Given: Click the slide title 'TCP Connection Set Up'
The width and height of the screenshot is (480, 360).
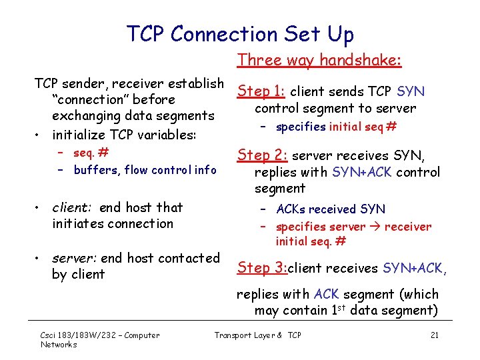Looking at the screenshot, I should [x=240, y=33].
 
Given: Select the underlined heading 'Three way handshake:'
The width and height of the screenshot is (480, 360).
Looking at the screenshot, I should [x=319, y=60].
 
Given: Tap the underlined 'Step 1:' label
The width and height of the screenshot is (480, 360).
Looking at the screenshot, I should [x=263, y=91].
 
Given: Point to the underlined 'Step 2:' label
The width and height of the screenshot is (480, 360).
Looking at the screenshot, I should [x=263, y=155].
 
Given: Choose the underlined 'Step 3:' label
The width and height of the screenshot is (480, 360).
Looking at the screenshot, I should [x=262, y=268].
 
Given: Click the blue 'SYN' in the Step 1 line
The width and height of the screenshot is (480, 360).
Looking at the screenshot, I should [x=411, y=91].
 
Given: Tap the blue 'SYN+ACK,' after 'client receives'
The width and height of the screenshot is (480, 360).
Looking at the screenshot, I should [x=415, y=268].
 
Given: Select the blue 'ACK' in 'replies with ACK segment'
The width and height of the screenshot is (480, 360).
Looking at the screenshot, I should [x=327, y=294].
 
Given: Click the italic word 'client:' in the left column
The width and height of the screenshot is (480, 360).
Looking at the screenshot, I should [x=73, y=207].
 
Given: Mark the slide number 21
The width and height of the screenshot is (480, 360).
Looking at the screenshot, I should [x=434, y=335].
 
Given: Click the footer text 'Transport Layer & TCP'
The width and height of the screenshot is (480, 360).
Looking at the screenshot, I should [x=257, y=335].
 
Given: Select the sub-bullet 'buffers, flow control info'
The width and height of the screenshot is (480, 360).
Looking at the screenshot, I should [x=145, y=170].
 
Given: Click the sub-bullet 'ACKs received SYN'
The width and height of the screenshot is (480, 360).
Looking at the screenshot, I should [x=330, y=209].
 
